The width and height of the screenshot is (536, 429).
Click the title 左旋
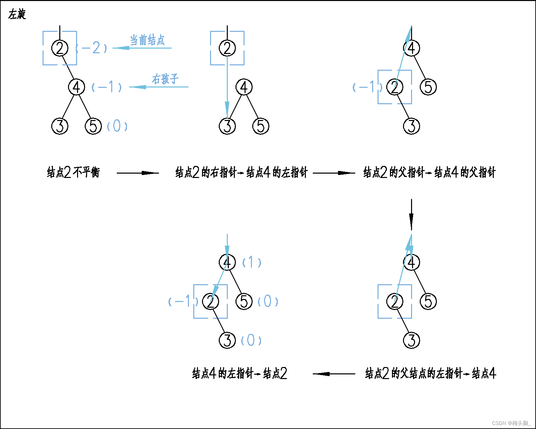17,14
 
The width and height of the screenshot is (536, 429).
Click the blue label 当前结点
147,40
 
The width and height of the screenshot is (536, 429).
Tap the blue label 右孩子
165,79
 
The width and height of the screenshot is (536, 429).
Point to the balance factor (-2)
91,48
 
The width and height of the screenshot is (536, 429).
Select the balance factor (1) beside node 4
252,262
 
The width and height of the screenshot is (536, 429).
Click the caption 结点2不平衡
73,173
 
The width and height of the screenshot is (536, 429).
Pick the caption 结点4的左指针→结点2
240,373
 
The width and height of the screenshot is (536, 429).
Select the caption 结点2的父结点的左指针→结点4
430,373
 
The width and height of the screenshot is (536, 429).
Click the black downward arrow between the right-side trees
411,214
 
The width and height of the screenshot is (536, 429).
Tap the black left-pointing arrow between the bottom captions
334,374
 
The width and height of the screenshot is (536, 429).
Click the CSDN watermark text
511,423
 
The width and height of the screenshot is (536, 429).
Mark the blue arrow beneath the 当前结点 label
142,48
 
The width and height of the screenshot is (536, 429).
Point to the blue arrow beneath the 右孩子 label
158,87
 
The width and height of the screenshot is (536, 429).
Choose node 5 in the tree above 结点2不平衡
93,126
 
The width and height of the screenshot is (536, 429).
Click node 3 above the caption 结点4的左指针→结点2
227,340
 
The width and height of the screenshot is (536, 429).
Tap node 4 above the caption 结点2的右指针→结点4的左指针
244,87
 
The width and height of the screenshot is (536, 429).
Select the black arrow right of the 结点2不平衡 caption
138,173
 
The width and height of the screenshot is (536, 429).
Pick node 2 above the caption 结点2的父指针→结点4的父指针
395,87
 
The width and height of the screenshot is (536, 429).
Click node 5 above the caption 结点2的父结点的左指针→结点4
428,301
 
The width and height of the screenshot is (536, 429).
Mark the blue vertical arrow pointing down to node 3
227,87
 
